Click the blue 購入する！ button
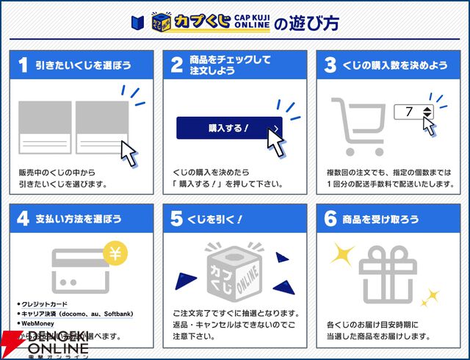228,128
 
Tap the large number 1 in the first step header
23,65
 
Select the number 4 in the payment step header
23,219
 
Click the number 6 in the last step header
330,219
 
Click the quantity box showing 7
414,112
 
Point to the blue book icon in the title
137,22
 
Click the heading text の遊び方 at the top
306,22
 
